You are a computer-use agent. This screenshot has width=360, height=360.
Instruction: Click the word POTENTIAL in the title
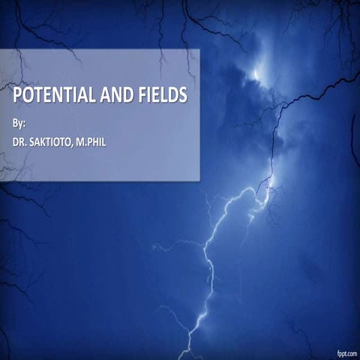tap(53, 96)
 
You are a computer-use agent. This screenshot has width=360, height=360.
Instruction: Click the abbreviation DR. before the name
tap(21, 140)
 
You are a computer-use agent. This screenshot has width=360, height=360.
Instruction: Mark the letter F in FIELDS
tap(140, 96)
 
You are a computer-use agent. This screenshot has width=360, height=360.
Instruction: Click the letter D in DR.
tap(16, 140)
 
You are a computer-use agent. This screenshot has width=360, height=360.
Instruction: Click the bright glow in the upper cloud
tap(259, 71)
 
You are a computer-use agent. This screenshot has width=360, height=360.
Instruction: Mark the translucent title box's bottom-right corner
tap(199, 180)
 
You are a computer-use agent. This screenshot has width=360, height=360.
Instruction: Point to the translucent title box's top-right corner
tap(199, 49)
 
